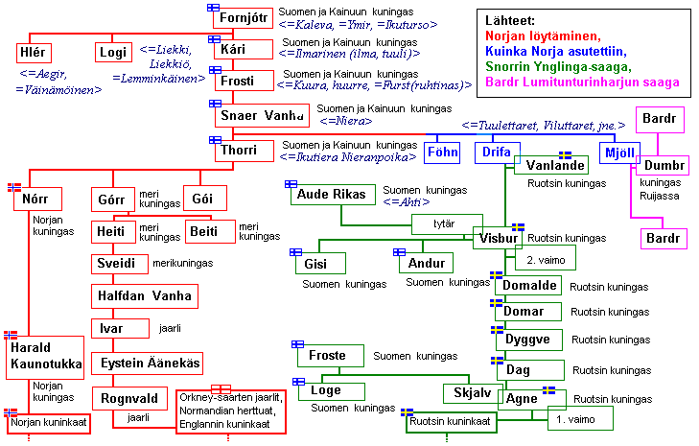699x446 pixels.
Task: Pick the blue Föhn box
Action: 442,153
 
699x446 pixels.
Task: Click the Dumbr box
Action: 662,166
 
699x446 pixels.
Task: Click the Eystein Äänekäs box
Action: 147,364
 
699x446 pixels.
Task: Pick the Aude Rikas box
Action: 330,195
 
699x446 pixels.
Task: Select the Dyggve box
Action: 527,340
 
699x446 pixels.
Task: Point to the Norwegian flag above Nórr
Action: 14,186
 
